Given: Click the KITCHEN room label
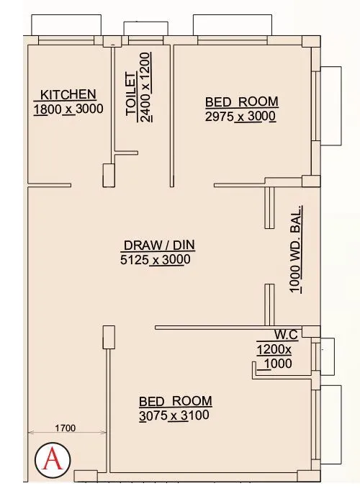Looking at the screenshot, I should tap(68, 94).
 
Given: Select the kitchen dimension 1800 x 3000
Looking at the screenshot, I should tap(68, 109).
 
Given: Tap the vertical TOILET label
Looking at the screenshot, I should tap(132, 94).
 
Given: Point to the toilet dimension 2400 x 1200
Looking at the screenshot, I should tap(147, 88).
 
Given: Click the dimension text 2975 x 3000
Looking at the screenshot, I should tap(240, 117).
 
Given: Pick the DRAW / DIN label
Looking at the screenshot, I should tap(157, 245).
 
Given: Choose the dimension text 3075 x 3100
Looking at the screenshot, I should tap(175, 415).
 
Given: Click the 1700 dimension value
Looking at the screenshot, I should tap(66, 428).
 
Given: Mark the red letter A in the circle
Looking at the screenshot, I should tap(52, 459).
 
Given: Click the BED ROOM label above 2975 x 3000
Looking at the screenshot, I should tap(241, 102).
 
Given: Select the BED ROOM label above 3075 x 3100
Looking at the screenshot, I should tap(176, 400).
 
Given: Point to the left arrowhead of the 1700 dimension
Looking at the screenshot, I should tap(31, 433).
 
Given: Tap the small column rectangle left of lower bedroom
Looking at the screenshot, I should tap(109, 337).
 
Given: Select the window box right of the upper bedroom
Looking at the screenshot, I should tap(331, 105).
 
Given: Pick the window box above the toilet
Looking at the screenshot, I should tap(145, 28).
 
